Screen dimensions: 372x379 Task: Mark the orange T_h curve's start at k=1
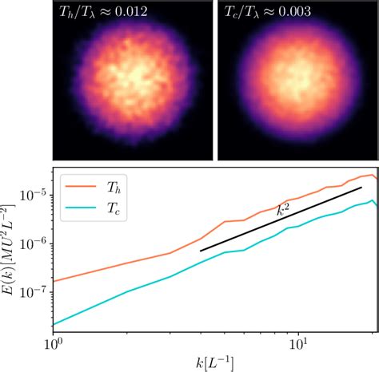click(x=54, y=281)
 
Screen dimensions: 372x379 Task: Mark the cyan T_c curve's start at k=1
click(x=54, y=324)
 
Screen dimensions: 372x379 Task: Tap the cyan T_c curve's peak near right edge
click(x=372, y=200)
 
